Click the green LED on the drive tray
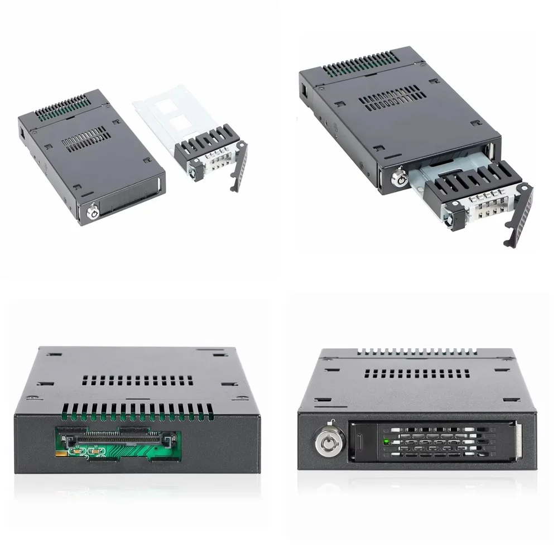pyautogui.click(x=386, y=442)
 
